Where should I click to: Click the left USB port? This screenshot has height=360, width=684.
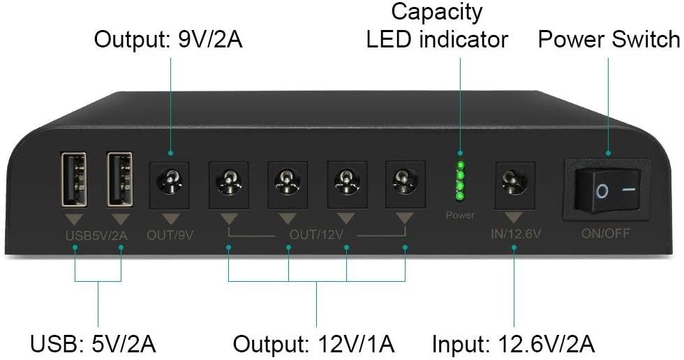point(74,179)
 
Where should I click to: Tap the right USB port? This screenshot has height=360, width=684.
point(120,179)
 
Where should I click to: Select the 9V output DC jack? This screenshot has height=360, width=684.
point(170,182)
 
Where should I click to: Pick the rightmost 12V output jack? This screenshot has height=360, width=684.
point(405,182)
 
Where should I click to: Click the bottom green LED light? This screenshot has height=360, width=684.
point(460,195)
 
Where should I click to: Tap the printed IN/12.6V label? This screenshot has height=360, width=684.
point(514,234)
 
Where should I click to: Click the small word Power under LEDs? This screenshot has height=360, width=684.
point(460,216)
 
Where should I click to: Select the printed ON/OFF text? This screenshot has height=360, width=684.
point(605,234)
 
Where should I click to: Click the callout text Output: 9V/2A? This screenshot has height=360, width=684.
point(168,39)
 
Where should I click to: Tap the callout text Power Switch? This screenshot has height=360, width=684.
point(609,39)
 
